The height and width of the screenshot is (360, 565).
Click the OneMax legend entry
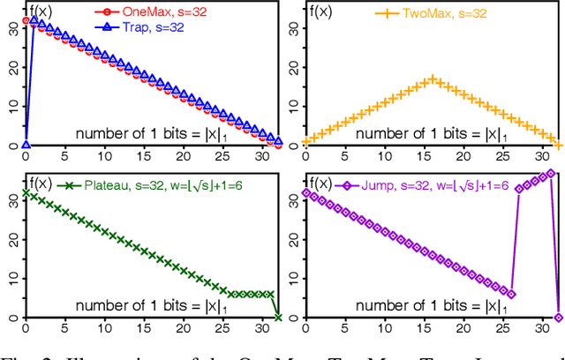(132, 12)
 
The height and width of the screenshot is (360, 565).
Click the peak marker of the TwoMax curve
(432, 79)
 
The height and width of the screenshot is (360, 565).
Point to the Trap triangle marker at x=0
(26, 145)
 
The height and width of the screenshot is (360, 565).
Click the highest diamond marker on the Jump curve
(550, 174)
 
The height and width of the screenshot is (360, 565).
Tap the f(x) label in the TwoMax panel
(320, 12)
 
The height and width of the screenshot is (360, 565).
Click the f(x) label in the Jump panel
(320, 184)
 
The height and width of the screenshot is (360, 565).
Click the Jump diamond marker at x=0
(305, 192)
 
